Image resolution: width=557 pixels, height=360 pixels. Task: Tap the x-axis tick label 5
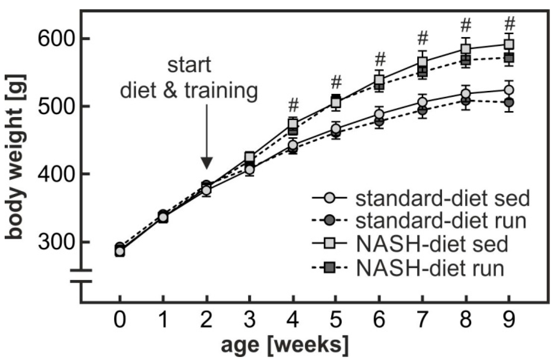pyautogui.click(x=336, y=319)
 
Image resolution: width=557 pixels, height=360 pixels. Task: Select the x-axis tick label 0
pyautogui.click(x=119, y=319)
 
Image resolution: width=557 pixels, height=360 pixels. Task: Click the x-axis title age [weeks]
pyautogui.click(x=285, y=345)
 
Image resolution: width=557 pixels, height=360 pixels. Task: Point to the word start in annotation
pyautogui.click(x=189, y=65)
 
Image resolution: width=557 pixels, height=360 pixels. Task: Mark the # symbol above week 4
pyautogui.click(x=293, y=105)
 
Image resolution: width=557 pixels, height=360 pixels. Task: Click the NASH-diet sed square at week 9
pyautogui.click(x=509, y=44)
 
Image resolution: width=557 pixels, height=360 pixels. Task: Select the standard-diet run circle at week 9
pyautogui.click(x=509, y=103)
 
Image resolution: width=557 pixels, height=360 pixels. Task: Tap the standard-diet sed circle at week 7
pyautogui.click(x=423, y=102)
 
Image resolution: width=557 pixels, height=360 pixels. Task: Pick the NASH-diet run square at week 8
pyautogui.click(x=466, y=59)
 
